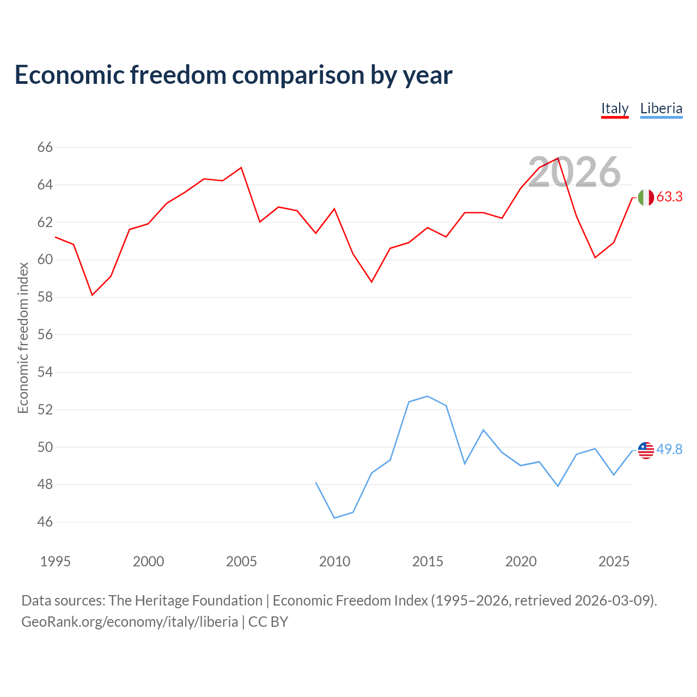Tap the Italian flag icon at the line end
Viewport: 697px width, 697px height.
click(x=646, y=198)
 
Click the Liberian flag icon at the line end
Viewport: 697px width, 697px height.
click(x=646, y=450)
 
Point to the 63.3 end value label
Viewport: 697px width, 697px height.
click(x=669, y=197)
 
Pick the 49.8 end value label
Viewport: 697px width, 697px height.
click(x=669, y=449)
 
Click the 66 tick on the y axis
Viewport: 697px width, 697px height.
click(x=45, y=147)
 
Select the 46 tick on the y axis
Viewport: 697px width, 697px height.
click(x=45, y=522)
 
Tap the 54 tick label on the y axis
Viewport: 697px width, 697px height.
click(x=45, y=372)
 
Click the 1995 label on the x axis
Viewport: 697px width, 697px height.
click(x=56, y=561)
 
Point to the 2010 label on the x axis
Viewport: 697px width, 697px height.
click(x=334, y=561)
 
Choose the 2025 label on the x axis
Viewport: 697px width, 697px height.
click(x=614, y=561)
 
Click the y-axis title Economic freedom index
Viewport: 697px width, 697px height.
click(x=23, y=338)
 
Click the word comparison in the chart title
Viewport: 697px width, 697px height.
click(x=298, y=76)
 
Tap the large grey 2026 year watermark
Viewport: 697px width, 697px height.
click(x=574, y=172)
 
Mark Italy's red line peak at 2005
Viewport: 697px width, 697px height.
click(x=241, y=168)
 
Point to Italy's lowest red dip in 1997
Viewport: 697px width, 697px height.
click(x=92, y=295)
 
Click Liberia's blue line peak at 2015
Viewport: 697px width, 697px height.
click(x=427, y=396)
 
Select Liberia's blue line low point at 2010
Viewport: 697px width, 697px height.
click(x=334, y=518)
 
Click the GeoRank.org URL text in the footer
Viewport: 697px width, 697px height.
click(x=130, y=622)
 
